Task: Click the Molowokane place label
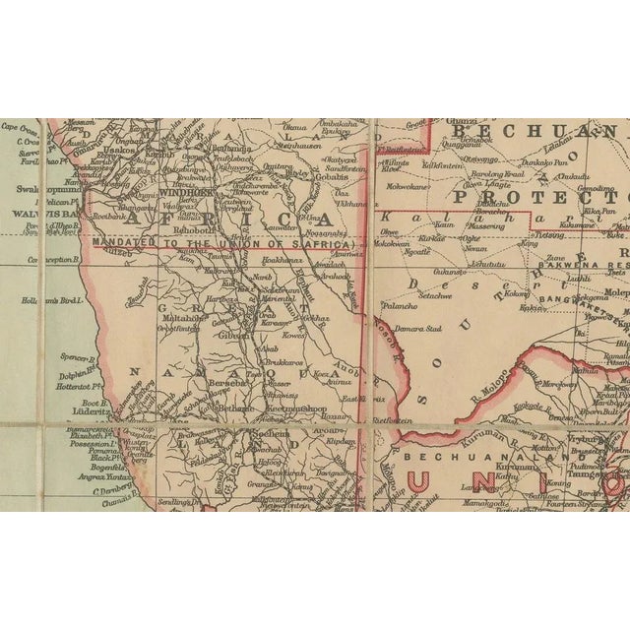(408, 183)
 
